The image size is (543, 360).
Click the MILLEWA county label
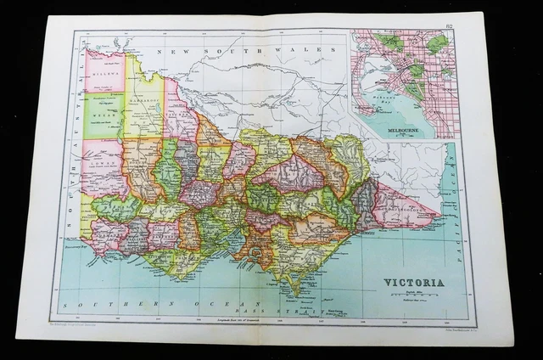(104, 75)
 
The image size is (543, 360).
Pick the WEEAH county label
(103, 110)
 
